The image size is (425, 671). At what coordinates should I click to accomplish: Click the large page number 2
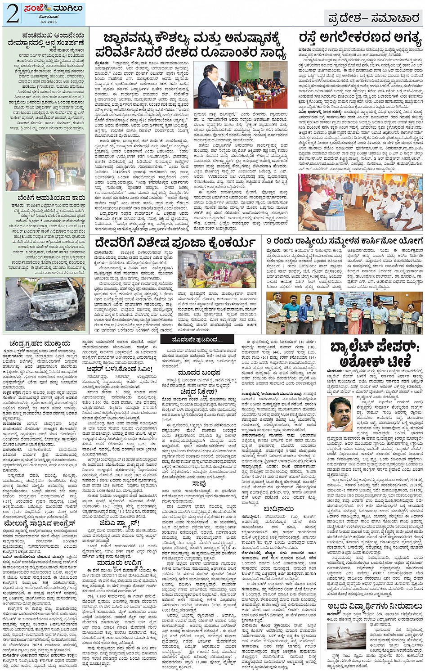point(12,14)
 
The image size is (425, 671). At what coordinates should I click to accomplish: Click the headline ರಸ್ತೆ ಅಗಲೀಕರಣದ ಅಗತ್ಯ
point(360,39)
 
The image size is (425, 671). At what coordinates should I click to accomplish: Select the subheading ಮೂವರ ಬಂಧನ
point(199,373)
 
